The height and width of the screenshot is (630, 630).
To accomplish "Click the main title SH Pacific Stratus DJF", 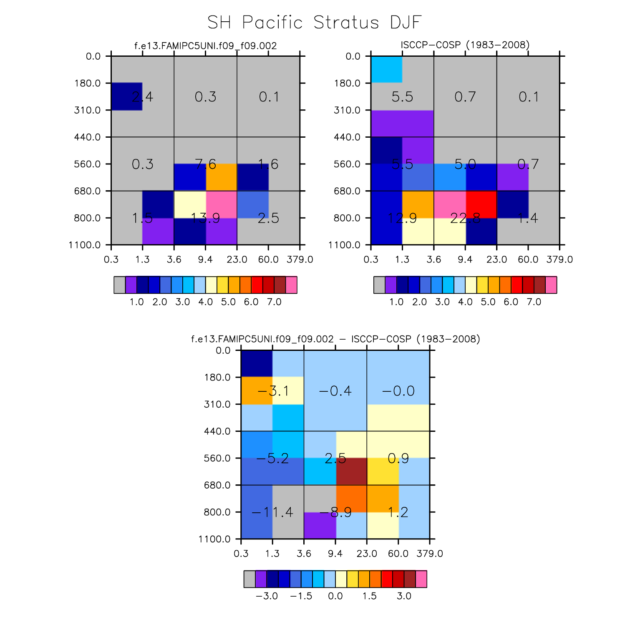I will coord(315,23).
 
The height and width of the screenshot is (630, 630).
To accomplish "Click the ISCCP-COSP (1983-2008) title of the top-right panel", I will coord(465,45).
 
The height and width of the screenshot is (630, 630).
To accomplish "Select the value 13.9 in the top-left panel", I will coord(205,218).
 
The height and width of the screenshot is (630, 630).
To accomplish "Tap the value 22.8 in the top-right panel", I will coord(465,218).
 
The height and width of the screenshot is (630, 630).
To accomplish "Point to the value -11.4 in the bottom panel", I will coord(272,512).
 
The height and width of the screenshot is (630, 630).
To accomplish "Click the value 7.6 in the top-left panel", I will coord(205,164).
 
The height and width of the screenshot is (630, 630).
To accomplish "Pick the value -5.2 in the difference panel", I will coord(272,459).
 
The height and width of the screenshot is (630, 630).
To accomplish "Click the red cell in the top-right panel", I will coord(481,204).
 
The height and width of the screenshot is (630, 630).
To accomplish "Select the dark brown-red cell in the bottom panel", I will coord(351,471).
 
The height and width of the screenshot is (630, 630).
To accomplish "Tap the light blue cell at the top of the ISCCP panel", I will coord(386,69).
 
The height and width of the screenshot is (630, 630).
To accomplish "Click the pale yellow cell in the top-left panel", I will coord(190,204).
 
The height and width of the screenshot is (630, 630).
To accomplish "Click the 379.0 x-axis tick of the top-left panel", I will coord(300,260).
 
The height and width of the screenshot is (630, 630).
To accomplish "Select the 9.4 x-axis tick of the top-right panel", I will coord(465,260).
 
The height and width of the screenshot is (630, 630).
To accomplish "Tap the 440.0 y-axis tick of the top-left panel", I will coord(88,137).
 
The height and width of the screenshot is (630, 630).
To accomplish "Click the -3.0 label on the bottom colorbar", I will coord(267,596).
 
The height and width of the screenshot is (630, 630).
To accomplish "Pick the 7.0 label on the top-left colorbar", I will coord(274,302).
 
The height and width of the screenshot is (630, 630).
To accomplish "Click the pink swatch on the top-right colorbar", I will coord(551,285).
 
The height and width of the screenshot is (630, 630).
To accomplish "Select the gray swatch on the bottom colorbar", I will coord(249,579).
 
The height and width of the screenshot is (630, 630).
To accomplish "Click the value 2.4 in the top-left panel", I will coord(143,97).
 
